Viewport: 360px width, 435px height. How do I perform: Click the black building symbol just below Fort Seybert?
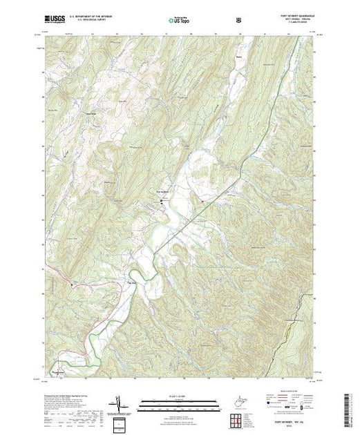click(x=162, y=202)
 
